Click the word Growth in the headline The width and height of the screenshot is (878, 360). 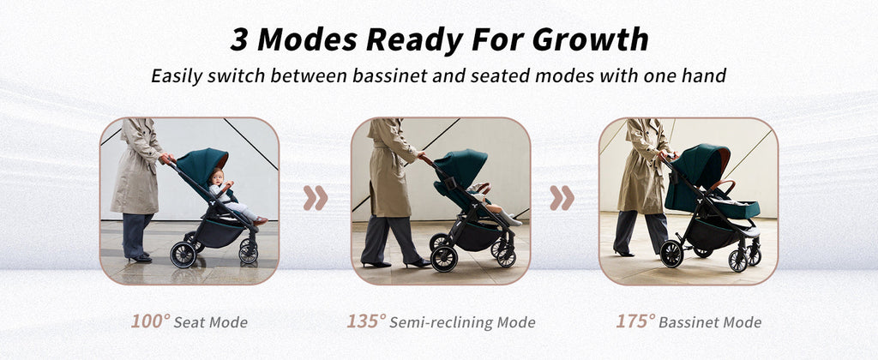point(590,39)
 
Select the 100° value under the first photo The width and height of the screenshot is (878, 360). point(151,321)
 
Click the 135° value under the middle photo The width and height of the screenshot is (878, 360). point(366,321)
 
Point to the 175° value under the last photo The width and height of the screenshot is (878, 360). point(635,321)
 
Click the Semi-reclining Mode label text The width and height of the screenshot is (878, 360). point(462,322)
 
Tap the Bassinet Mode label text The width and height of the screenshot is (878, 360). point(710,322)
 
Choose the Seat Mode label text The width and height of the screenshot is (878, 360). point(211,322)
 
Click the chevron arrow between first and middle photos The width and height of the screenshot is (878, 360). point(316,198)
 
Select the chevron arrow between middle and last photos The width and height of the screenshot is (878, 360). point(562,198)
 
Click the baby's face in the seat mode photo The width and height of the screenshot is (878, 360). point(216,177)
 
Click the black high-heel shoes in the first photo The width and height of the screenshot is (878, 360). point(140,259)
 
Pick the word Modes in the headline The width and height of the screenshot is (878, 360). point(307,39)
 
